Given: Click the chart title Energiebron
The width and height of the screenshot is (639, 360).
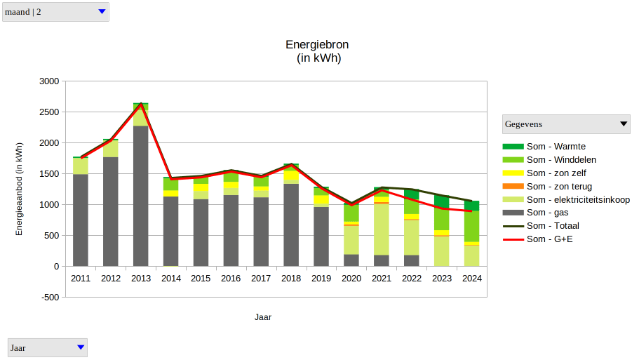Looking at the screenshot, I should coord(317,45).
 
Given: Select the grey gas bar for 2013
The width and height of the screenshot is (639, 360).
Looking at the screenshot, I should coord(141,196).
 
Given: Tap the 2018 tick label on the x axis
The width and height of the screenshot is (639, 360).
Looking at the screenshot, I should coord(291,279).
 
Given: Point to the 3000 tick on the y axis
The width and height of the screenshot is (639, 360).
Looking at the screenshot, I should coord(48,81).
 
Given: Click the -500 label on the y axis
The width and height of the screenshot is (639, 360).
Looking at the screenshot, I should coord(50,298).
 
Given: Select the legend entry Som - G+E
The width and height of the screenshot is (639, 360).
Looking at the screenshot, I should coord(550,239).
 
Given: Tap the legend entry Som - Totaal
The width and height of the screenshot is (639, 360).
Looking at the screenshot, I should coord(553,226).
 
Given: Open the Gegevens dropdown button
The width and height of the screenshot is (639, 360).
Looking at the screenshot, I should coord(567,124).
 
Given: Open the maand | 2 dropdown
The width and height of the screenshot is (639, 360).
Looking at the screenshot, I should coord(56,12).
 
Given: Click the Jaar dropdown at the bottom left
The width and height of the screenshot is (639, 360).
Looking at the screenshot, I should coord(48,347).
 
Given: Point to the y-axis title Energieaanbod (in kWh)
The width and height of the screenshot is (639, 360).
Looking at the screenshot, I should coord(20,188).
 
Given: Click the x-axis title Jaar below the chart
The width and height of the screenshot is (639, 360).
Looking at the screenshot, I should coord(263,317).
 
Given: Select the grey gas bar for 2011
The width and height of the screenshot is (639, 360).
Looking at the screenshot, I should coord(81,220).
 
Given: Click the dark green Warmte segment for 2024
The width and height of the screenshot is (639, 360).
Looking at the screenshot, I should coord(471,206).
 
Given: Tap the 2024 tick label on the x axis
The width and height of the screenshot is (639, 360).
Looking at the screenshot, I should coord(472,279).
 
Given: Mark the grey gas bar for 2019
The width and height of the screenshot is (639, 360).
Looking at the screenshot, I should coord(321,236).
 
